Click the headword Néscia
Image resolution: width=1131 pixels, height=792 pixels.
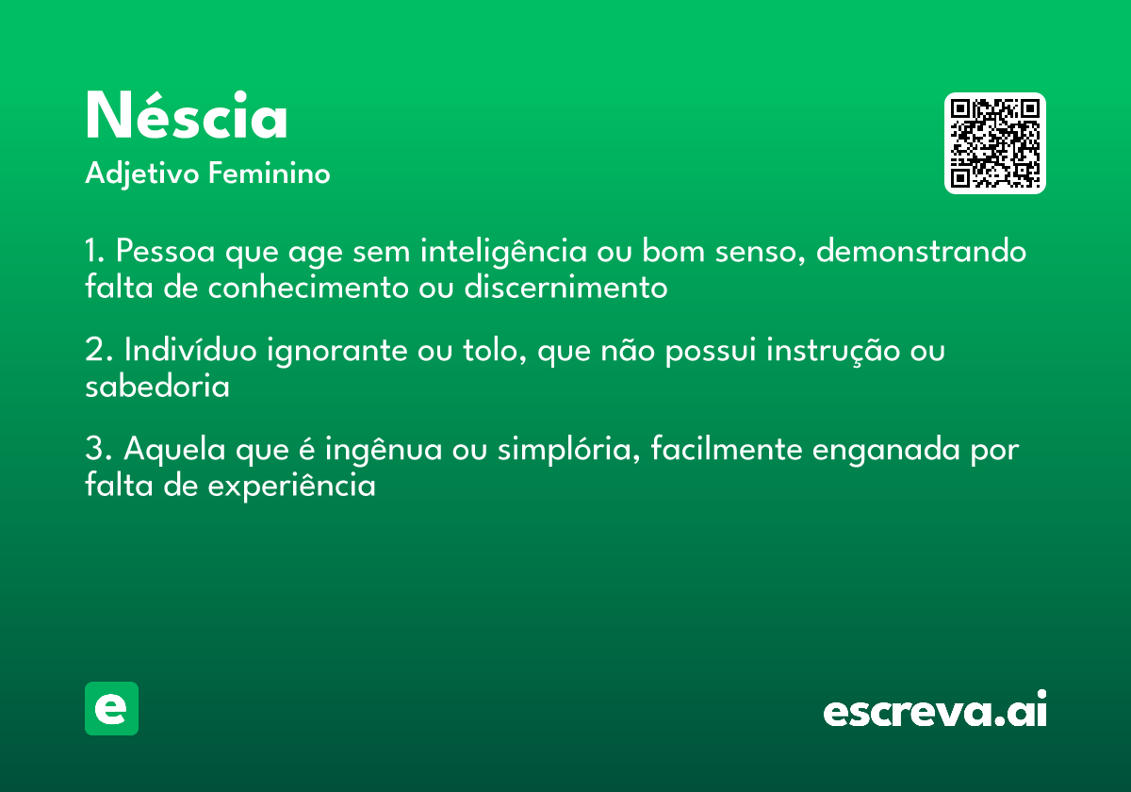pos(187,117)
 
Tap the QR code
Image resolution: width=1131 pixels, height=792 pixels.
pos(994,143)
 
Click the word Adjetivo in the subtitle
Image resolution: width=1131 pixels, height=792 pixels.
pos(142,174)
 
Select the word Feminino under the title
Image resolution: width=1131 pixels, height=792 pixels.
pos(269,174)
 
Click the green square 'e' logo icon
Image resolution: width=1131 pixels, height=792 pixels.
pos(111,708)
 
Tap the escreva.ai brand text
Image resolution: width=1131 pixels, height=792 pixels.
pos(935,712)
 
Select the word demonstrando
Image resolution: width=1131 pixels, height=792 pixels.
pos(921,253)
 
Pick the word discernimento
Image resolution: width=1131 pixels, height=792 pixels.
pos(565,288)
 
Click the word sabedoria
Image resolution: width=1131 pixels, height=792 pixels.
pos(157,387)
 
